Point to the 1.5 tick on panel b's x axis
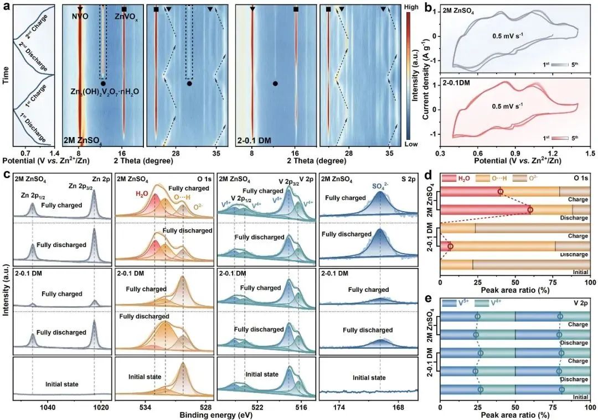click(x=590, y=151)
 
